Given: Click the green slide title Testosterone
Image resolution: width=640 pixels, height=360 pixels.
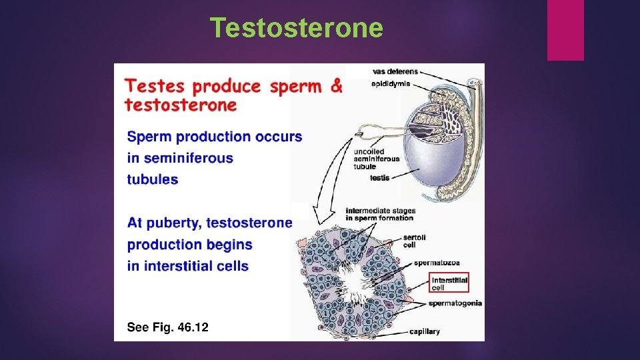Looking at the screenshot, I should (x=297, y=28).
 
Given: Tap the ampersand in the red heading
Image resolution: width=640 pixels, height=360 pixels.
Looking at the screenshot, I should (x=337, y=86).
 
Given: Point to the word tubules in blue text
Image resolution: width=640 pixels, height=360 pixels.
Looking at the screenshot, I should (x=153, y=179).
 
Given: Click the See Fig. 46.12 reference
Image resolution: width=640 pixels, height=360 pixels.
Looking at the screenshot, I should (x=167, y=327).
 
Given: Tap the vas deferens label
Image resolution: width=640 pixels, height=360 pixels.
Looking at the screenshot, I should (x=395, y=71).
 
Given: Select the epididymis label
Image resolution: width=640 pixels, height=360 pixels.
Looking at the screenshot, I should (x=391, y=84).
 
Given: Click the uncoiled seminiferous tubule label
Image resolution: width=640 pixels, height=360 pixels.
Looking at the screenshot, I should (x=377, y=159).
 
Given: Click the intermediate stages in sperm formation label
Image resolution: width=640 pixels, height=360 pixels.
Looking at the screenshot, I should (x=379, y=215).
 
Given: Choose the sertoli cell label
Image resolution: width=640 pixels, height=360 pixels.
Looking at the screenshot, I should (x=414, y=241).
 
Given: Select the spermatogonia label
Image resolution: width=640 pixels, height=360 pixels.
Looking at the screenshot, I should (x=455, y=303).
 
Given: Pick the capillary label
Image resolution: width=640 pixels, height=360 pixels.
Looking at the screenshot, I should (x=424, y=331).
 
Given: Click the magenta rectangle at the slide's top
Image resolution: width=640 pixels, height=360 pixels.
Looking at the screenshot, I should (x=565, y=29).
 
